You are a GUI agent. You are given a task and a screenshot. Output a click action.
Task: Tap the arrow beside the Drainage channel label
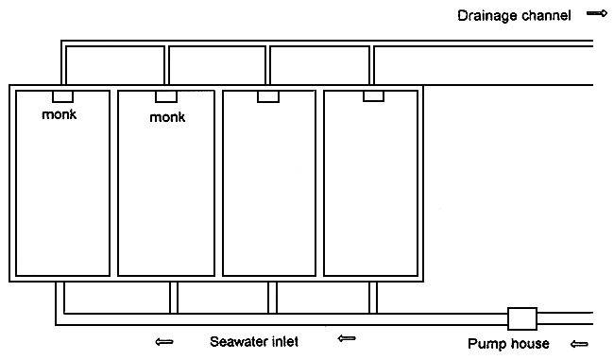595,14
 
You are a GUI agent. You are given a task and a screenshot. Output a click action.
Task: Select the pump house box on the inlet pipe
522,317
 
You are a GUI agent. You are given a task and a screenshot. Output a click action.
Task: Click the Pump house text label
508,343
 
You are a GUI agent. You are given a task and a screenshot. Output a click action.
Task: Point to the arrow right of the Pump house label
579,343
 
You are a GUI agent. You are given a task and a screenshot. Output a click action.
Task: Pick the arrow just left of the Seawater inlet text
163,341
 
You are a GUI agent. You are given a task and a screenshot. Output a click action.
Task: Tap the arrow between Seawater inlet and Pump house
346,339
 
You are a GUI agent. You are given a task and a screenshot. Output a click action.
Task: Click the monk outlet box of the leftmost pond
63,96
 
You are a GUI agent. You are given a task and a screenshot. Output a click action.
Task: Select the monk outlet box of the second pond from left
166,96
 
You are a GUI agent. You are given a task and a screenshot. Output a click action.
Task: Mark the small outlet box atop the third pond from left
268,96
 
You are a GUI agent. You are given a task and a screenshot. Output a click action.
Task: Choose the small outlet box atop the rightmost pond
372,96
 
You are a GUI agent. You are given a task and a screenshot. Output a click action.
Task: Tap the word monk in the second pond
166,118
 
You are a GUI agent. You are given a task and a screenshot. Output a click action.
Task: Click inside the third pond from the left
268,189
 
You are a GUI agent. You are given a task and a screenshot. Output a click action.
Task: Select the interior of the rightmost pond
372,189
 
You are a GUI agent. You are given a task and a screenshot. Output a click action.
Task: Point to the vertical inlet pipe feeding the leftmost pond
61,298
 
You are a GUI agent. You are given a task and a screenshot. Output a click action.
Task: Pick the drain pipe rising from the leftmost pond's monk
64,68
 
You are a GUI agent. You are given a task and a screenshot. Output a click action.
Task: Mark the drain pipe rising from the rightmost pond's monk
372,68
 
